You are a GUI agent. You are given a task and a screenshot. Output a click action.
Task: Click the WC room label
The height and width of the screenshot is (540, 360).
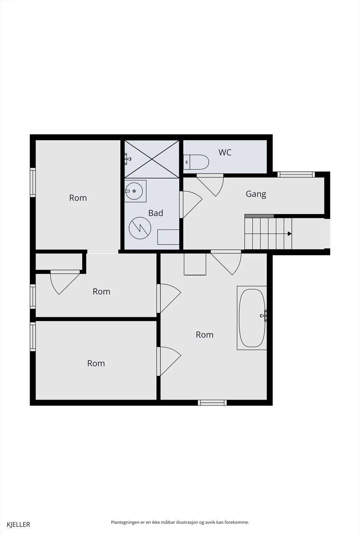tap(225, 152)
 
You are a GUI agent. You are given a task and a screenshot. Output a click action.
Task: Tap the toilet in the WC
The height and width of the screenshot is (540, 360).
tap(196, 162)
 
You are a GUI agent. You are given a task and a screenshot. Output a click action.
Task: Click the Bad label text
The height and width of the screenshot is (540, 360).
tap(156, 213)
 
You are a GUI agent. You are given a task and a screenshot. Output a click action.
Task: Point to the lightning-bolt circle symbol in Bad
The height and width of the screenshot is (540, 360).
tap(140, 228)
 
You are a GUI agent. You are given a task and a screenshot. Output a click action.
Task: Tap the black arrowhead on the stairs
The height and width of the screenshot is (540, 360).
tap(289, 234)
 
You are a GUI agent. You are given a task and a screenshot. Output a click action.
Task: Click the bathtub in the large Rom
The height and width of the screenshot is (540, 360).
tap(252, 318)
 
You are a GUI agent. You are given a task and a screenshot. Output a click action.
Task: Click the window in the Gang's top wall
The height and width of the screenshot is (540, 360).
tap(296, 174)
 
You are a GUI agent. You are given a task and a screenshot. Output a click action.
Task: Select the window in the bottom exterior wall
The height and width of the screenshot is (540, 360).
tap(212, 403)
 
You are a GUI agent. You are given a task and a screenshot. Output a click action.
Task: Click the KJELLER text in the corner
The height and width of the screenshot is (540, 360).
tap(19, 524)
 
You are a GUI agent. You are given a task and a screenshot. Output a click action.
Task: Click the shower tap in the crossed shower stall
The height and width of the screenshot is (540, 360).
tap(127, 159)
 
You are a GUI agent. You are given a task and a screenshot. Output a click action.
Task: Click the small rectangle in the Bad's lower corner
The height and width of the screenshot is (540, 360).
tap(168, 237)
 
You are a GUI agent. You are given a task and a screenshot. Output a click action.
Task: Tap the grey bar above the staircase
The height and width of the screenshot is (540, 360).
tap(259, 216)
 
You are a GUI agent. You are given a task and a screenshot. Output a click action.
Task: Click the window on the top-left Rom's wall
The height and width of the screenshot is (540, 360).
tap(33, 183)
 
